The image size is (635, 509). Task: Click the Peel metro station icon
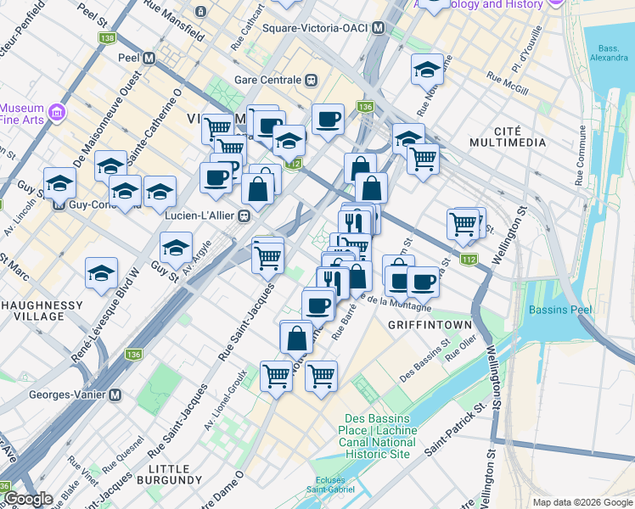(149, 59)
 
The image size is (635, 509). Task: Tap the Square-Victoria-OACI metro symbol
(378, 28)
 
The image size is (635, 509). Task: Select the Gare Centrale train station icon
(312, 81)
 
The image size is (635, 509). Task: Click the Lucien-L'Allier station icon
(244, 216)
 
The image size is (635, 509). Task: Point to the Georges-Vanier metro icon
(115, 394)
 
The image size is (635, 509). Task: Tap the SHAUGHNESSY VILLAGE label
(40, 310)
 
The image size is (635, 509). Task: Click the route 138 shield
(108, 39)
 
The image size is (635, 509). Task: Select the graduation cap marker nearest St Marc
(101, 272)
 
